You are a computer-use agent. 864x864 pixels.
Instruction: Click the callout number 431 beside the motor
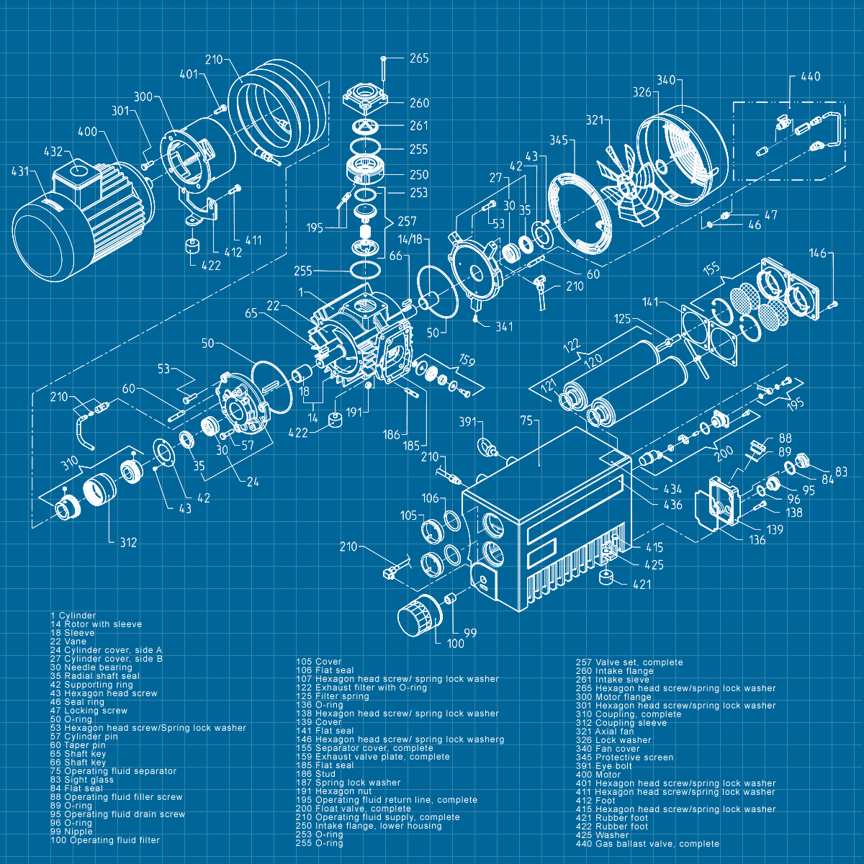point(21,171)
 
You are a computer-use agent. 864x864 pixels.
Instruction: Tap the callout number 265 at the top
point(419,58)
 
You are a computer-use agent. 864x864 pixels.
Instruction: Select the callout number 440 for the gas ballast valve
point(810,77)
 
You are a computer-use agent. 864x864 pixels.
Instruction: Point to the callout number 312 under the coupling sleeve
point(128,542)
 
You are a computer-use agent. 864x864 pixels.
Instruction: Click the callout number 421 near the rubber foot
point(642,584)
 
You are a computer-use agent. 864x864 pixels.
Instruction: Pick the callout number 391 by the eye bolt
point(468,421)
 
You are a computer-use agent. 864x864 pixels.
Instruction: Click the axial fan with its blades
point(631,189)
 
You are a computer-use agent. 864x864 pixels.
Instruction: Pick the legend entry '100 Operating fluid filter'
point(105,840)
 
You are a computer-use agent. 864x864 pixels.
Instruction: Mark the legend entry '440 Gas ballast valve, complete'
point(647,844)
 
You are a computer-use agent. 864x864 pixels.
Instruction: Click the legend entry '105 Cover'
point(319,662)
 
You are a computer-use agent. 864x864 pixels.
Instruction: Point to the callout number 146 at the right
point(818,253)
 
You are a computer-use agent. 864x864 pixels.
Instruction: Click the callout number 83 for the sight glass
point(841,472)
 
